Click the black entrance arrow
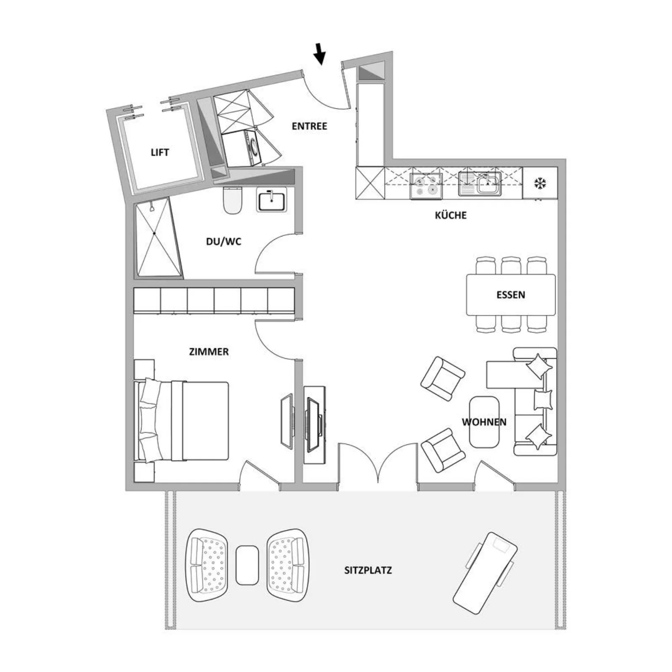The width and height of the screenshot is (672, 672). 320,54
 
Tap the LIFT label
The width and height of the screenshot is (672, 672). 160,152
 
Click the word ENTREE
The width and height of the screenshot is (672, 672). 309,126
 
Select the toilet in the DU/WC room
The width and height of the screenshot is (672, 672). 233,200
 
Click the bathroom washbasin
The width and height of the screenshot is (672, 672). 271,199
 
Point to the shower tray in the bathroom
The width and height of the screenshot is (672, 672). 158,238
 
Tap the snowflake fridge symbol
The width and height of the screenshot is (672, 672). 540,183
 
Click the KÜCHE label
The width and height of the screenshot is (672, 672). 451,215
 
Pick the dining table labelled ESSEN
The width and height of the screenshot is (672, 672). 511,295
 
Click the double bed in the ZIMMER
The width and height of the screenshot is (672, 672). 181,421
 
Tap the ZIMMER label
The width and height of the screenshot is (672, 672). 209,352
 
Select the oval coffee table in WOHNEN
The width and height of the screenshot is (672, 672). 484,422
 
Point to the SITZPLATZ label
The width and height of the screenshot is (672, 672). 368,570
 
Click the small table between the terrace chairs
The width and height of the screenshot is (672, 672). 247,565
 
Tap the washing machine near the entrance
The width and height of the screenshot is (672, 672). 242,149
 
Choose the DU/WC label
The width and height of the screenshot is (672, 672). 223,241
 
